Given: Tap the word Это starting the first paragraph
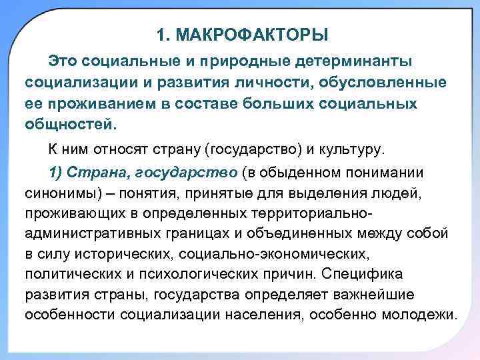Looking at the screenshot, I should point(63,62).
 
